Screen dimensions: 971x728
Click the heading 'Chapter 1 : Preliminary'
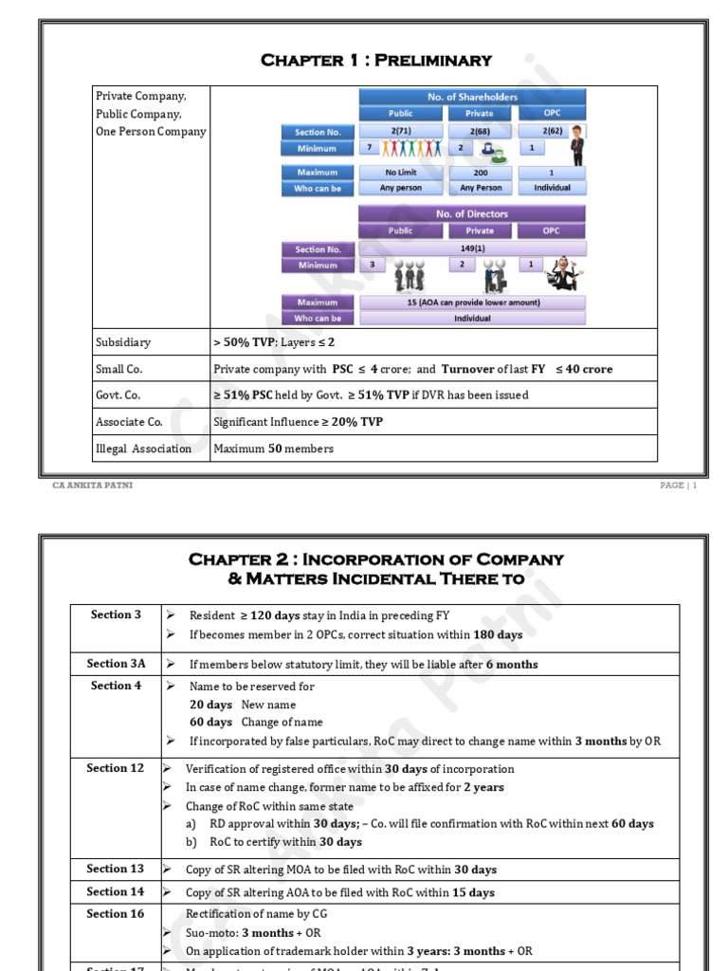[x=376, y=61]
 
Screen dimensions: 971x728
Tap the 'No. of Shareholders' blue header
[x=472, y=97]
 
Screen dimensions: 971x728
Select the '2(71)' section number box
[x=400, y=132]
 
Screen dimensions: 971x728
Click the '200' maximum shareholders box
[x=481, y=173]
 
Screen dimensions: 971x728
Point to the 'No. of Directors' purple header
[x=472, y=214]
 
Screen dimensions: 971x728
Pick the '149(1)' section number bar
[x=472, y=249]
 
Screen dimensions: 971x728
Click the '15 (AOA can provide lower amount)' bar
[x=472, y=302]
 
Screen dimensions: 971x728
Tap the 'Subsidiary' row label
[x=123, y=342]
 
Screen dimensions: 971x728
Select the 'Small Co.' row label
[x=118, y=369]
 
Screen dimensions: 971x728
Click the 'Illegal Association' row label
[x=143, y=449]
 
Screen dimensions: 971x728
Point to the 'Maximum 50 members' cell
[x=274, y=449]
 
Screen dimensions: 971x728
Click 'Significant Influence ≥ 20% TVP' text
[x=299, y=422]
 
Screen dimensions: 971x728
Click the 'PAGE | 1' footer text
[x=679, y=485]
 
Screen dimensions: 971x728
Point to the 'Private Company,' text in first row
[x=141, y=97]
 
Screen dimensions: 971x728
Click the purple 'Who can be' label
[x=318, y=319]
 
